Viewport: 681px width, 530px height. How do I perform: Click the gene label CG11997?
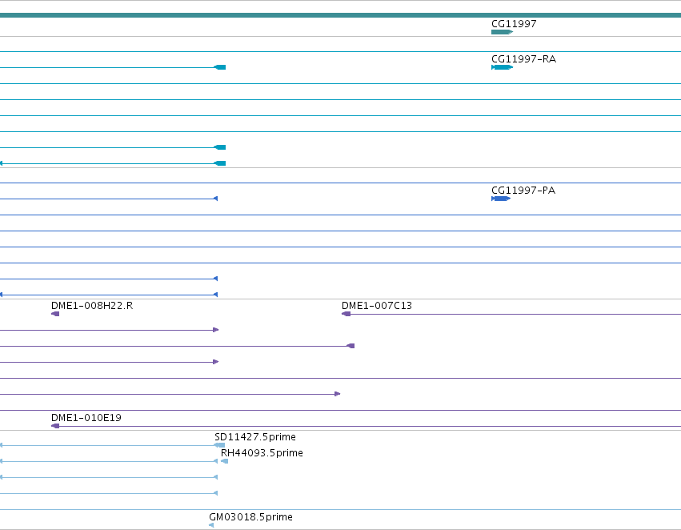[514, 23]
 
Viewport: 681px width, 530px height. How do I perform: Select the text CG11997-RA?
[523, 58]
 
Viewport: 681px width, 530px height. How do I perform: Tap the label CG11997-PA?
[523, 191]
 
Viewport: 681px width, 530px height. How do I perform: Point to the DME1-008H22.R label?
[92, 305]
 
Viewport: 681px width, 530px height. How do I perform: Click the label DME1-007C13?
[377, 305]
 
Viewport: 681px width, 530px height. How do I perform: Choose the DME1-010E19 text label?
[86, 417]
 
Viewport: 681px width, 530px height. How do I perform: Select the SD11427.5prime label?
[255, 436]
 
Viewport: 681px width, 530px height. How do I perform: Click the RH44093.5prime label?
[262, 452]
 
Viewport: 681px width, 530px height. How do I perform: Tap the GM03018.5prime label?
[250, 517]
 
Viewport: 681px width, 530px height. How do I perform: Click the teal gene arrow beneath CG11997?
[502, 32]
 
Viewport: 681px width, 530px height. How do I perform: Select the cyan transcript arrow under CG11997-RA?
[502, 67]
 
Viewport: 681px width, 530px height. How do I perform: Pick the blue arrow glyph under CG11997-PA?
[501, 199]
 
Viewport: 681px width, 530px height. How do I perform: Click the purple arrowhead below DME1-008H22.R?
[55, 314]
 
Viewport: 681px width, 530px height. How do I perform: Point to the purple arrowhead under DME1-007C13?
[347, 314]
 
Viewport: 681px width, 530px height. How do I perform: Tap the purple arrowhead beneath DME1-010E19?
[55, 426]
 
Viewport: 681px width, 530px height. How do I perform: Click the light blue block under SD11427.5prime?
[220, 445]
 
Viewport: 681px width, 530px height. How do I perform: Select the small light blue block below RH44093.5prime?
[225, 461]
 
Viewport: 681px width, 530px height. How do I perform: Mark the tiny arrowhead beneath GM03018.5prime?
[211, 525]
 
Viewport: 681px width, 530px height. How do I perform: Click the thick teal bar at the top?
[341, 15]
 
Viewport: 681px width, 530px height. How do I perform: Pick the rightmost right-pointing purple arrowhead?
[338, 394]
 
